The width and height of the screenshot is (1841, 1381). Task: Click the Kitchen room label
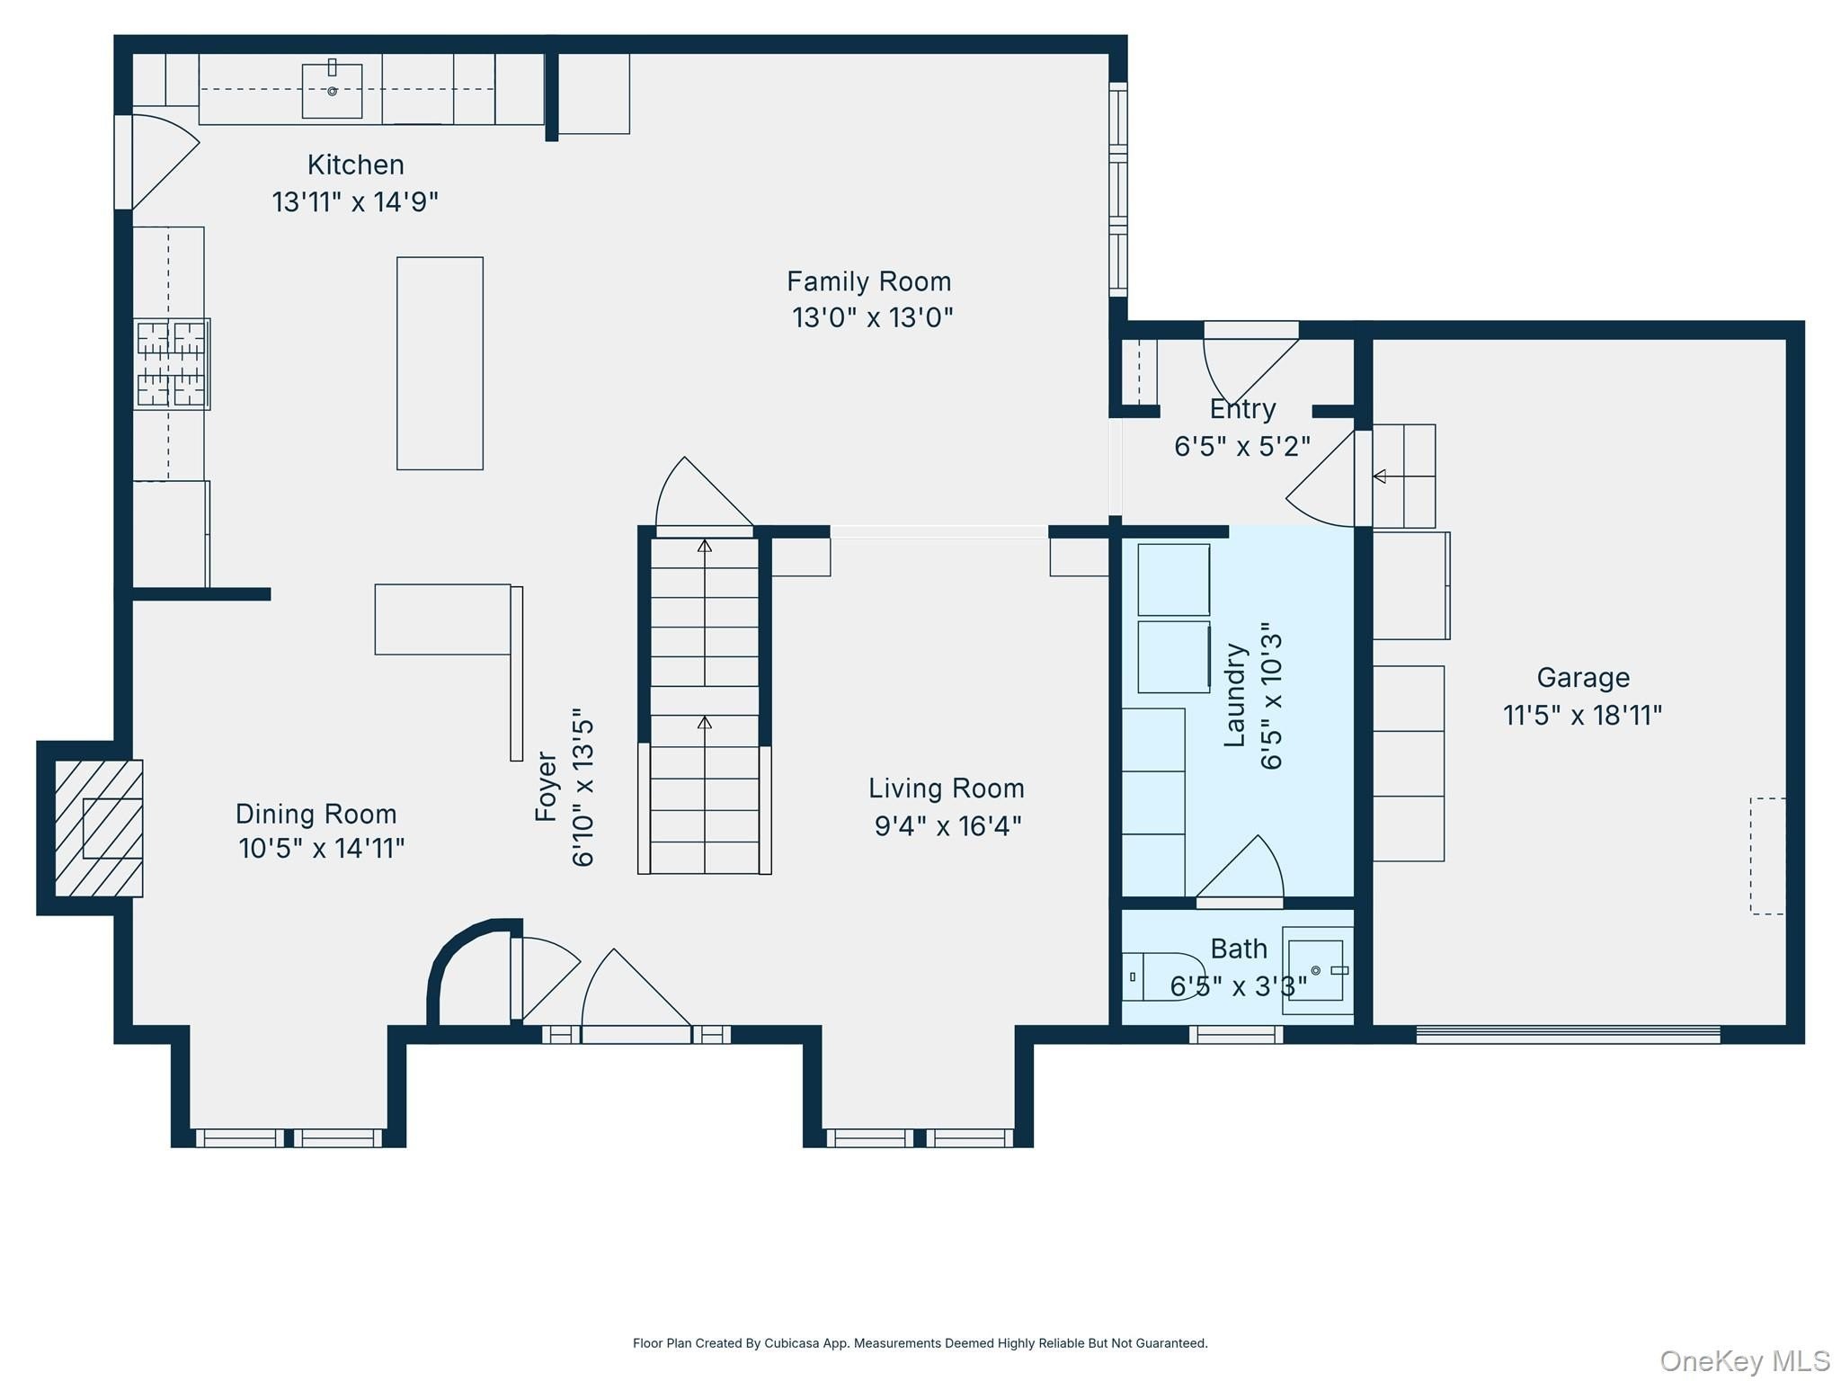coord(356,165)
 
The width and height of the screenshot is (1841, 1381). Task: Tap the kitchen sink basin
coord(332,91)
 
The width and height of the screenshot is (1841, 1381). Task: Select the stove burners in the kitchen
coord(172,364)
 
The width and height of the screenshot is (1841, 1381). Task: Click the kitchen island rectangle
coord(440,363)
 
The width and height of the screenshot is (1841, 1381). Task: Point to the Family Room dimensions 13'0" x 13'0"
coord(872,317)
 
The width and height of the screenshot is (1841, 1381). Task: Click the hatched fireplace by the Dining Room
coord(99,828)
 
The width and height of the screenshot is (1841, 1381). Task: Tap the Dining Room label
coord(316,814)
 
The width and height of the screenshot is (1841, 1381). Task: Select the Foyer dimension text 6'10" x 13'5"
coord(583,791)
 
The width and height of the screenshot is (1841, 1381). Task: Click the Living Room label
coord(947,789)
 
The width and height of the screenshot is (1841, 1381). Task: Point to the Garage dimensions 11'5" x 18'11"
coord(1583,715)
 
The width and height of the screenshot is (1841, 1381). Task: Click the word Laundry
coord(1235,694)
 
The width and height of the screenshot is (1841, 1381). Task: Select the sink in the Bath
coord(1317,970)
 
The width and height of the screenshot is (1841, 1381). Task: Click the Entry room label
coord(1242,409)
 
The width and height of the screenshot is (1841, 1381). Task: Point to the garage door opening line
coord(1568,1034)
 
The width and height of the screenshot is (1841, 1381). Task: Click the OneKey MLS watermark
coord(1745,1361)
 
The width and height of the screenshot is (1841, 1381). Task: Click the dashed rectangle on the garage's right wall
coord(1767,856)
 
